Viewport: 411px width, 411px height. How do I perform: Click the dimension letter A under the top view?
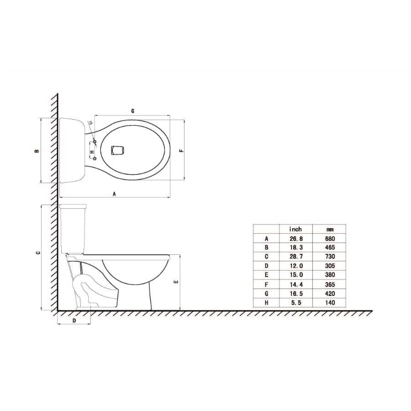coord(114,194)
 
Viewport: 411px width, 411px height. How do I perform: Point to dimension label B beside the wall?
coord(37,151)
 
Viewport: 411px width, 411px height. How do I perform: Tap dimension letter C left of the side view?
coord(38,253)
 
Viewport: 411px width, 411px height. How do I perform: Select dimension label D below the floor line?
coord(74,320)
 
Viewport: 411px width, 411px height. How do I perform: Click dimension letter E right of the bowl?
coord(176,282)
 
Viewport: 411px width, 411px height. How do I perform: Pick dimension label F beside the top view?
coord(181,151)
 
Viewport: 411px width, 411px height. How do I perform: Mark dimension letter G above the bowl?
coord(132,111)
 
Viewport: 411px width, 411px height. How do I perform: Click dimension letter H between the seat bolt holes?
coord(92,152)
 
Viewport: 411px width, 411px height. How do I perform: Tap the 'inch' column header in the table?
coord(295,229)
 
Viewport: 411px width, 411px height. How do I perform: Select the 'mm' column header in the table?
coord(330,230)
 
